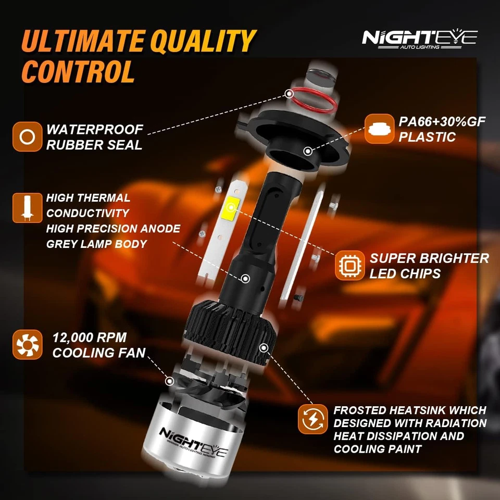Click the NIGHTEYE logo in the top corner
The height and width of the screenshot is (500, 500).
(419, 39)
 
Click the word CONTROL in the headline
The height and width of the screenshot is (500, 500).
(79, 71)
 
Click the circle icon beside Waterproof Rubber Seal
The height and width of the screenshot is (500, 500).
(27, 137)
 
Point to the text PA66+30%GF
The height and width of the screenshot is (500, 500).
(442, 122)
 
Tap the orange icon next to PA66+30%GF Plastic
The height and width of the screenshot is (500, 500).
(379, 129)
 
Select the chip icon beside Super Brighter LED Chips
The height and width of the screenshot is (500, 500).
(349, 266)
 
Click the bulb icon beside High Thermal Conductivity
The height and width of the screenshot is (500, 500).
(27, 207)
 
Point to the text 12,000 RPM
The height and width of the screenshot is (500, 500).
(89, 337)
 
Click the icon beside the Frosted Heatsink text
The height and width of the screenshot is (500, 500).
(312, 419)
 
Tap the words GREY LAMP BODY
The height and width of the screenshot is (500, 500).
(96, 244)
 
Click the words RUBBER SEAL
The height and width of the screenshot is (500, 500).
(94, 145)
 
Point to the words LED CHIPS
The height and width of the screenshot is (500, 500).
(405, 273)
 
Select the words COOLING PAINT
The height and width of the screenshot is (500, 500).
(377, 449)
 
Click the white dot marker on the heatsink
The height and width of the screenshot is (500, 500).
(265, 346)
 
